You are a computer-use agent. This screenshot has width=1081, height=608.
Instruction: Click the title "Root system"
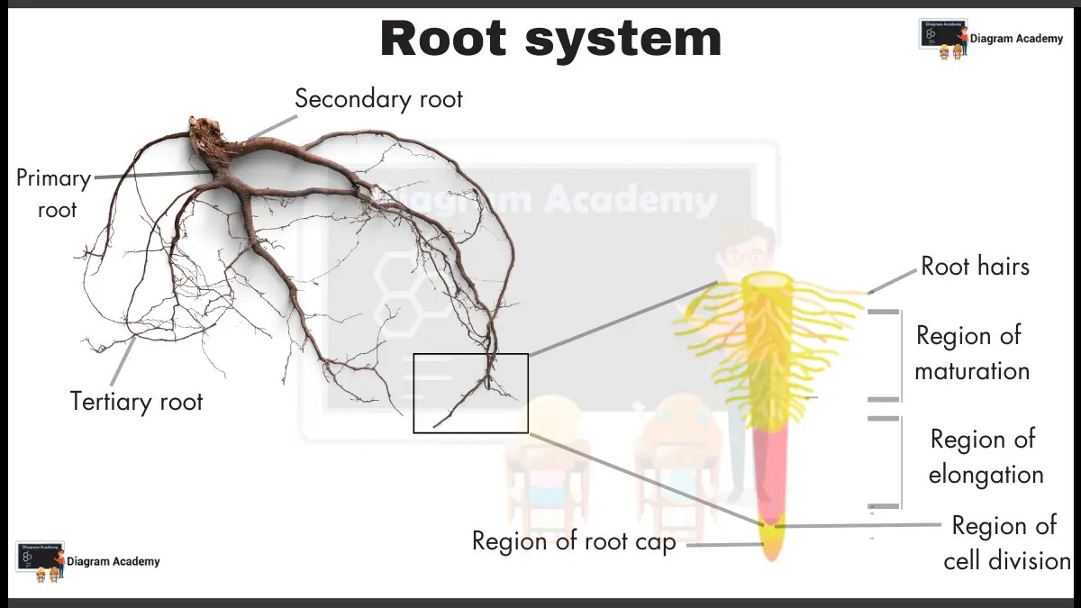(x=550, y=41)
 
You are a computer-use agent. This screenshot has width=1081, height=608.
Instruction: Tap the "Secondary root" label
(x=378, y=98)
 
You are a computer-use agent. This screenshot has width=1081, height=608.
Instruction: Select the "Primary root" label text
(x=52, y=194)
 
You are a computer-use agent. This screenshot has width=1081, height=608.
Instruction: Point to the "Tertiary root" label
(x=137, y=401)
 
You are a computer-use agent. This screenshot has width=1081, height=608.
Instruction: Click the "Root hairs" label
(x=975, y=266)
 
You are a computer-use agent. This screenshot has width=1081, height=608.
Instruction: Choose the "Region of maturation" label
(x=971, y=352)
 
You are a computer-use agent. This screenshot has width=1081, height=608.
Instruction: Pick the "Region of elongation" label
(x=985, y=457)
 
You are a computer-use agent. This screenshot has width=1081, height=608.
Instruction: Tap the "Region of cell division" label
(x=1005, y=543)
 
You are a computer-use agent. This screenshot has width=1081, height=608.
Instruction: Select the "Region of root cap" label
(x=574, y=541)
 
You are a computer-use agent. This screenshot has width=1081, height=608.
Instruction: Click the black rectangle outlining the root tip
(x=470, y=355)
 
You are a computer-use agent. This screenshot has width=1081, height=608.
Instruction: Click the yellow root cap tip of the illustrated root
(x=772, y=543)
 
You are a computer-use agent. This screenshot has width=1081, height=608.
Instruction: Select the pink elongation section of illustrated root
(x=770, y=468)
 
